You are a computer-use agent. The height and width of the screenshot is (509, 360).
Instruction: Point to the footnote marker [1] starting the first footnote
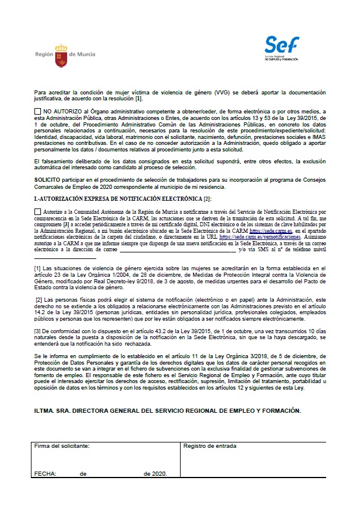click(x=37, y=269)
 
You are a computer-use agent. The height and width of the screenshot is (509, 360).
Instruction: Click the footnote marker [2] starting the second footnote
click(x=39, y=299)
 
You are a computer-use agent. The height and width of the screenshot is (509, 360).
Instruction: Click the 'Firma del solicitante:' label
click(x=62, y=445)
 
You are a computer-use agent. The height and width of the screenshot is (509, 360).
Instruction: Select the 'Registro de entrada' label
click(x=210, y=445)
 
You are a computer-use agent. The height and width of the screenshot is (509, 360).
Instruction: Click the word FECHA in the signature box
click(x=45, y=473)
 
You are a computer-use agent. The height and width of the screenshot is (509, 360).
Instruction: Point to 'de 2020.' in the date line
click(x=155, y=473)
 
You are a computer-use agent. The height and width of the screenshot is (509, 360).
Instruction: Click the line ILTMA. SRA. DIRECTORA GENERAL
click(x=168, y=410)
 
